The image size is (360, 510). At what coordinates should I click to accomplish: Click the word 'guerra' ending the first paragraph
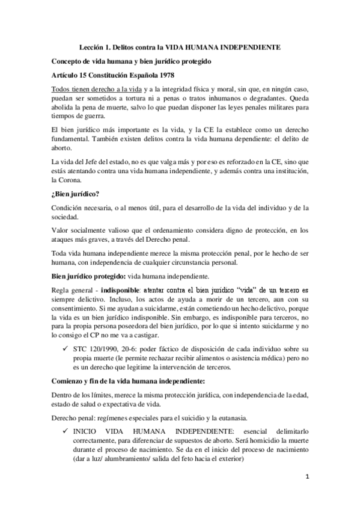pos(91,117)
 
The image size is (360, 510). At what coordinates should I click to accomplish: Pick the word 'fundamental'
pos(72,140)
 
